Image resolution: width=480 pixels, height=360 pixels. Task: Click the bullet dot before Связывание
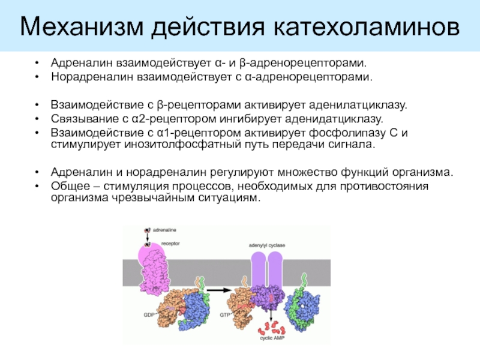pyautogui.click(x=38, y=119)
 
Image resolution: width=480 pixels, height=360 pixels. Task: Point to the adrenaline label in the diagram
pyautogui.click(x=164, y=230)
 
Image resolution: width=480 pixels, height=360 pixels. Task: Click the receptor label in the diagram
pyautogui.click(x=170, y=244)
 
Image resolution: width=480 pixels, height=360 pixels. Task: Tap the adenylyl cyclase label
pyautogui.click(x=267, y=245)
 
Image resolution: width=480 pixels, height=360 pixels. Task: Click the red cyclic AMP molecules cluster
pyautogui.click(x=268, y=327)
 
